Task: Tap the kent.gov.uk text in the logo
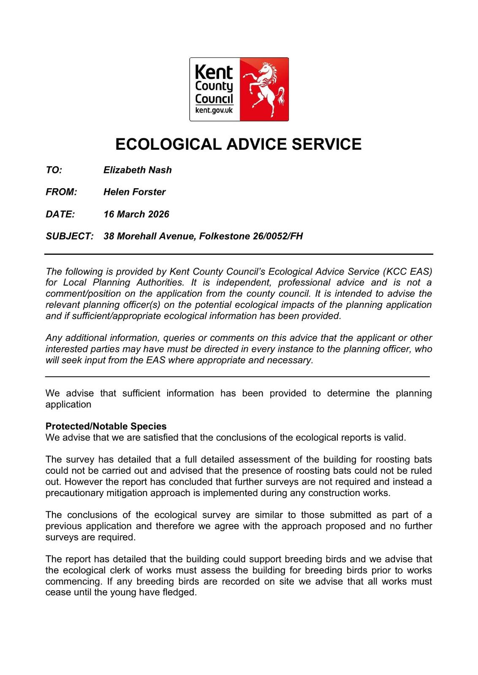(x=214, y=111)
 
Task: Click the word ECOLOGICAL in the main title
(x=168, y=144)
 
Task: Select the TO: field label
(x=54, y=170)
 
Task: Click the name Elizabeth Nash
(x=138, y=170)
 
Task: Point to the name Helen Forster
(x=134, y=192)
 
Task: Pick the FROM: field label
(x=61, y=192)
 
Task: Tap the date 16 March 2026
(x=136, y=214)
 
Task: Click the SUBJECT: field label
(x=69, y=236)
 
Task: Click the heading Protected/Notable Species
(x=106, y=427)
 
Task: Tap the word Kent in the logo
(x=214, y=73)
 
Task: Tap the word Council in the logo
(x=214, y=99)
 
